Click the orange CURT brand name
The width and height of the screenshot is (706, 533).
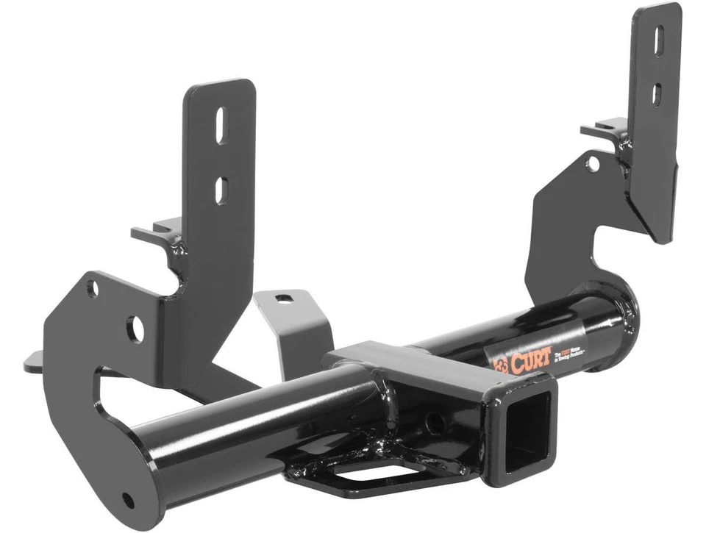click(x=527, y=361)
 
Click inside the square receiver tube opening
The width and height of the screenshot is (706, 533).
click(x=528, y=431)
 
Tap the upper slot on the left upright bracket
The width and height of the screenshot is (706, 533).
click(x=221, y=124)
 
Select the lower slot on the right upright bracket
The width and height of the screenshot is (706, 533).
click(x=657, y=93)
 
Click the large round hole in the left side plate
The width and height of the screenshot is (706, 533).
click(x=135, y=328)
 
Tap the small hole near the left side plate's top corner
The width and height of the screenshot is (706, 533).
click(x=93, y=287)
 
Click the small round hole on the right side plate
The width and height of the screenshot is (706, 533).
click(x=593, y=163)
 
